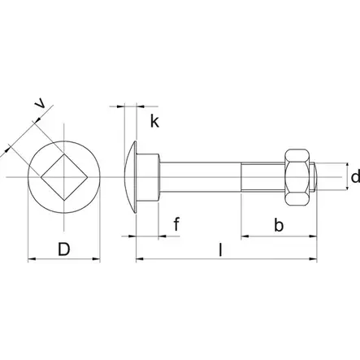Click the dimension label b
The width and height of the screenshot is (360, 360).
[x=278, y=225]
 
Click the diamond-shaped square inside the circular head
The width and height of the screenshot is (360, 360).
[x=63, y=176]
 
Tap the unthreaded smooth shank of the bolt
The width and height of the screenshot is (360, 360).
[x=199, y=176]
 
